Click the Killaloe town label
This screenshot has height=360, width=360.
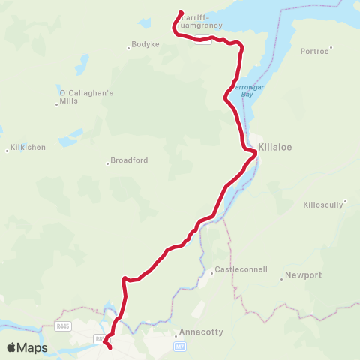274,148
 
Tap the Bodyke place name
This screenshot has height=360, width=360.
145,45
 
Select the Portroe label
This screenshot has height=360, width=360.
313,51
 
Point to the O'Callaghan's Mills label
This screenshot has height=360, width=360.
85,97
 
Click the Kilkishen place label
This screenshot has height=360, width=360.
26,148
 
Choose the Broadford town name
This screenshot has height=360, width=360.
129,160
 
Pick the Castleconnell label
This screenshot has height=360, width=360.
241,269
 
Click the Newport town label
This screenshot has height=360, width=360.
303,275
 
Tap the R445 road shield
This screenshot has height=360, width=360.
63,325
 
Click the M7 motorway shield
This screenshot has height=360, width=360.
179,346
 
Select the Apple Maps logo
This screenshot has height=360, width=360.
27,348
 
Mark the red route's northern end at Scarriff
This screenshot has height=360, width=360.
181,11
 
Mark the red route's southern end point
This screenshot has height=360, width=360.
109,347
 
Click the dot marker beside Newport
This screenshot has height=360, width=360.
282,276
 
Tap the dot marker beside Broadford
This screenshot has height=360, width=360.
107,161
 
